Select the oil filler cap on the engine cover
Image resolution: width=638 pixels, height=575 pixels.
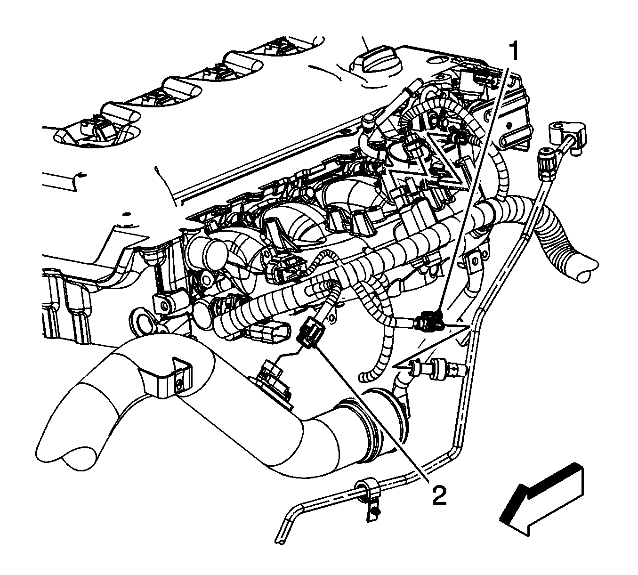(x=376, y=62)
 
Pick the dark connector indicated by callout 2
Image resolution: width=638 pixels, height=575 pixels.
(x=309, y=336)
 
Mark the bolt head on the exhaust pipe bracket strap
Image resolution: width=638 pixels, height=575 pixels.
(x=179, y=387)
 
